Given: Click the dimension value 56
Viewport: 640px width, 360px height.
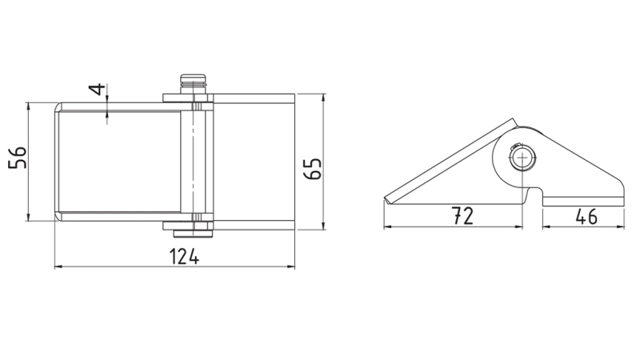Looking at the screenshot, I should [17, 161].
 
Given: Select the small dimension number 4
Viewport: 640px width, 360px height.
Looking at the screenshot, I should [97, 89].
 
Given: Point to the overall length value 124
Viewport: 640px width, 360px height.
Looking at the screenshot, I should [185, 256].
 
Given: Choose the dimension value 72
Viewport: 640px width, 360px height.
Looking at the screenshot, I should [462, 214].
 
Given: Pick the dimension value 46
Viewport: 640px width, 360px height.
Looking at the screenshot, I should [586, 214].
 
